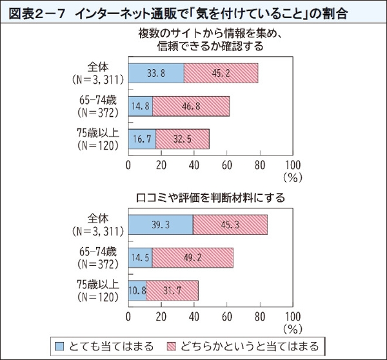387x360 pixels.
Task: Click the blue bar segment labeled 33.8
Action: coord(156,74)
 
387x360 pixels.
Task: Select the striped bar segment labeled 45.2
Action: coord(221,74)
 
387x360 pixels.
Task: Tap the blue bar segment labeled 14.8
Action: coord(141,106)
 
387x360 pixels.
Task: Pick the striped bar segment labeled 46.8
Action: coord(191,106)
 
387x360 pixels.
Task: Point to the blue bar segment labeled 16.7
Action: coord(142,139)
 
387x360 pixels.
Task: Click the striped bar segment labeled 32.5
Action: coord(183,139)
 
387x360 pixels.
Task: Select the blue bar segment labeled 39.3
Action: coord(161,225)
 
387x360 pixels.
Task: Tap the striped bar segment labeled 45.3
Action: coord(230,225)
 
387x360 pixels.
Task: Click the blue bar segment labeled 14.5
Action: coord(141,257)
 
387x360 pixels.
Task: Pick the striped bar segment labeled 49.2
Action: coord(193,257)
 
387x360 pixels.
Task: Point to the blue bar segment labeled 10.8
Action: coord(137,290)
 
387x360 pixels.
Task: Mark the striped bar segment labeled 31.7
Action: coord(172,290)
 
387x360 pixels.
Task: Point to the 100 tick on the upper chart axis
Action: coord(292,165)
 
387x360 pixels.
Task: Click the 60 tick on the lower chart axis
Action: coord(227,316)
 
